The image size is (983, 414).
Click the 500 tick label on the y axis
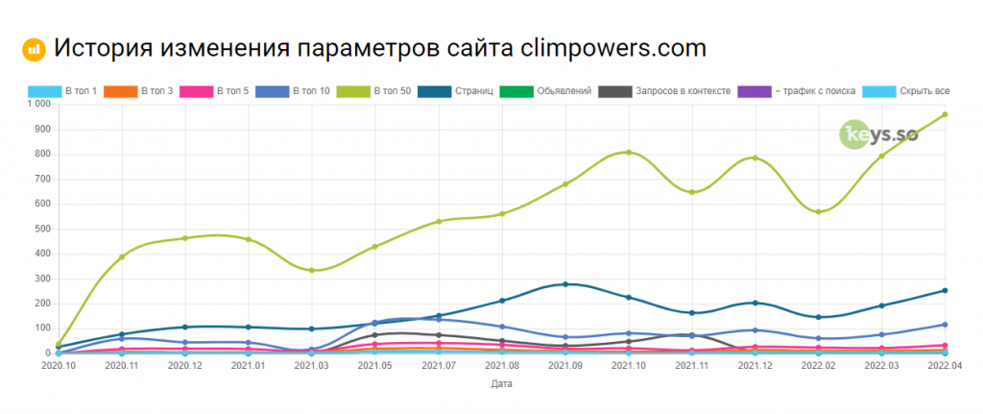click(x=42, y=229)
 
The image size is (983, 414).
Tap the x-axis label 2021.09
click(x=565, y=365)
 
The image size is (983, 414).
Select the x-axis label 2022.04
click(x=946, y=365)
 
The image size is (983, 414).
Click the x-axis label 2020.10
click(x=59, y=365)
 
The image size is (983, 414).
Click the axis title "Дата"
click(x=502, y=384)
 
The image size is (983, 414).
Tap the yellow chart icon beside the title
click(x=34, y=48)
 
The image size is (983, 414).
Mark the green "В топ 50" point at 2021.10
click(x=629, y=152)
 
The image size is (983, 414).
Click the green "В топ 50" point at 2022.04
click(x=946, y=114)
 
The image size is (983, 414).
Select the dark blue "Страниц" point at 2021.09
click(x=565, y=284)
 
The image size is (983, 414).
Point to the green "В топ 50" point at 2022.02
click(x=819, y=211)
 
